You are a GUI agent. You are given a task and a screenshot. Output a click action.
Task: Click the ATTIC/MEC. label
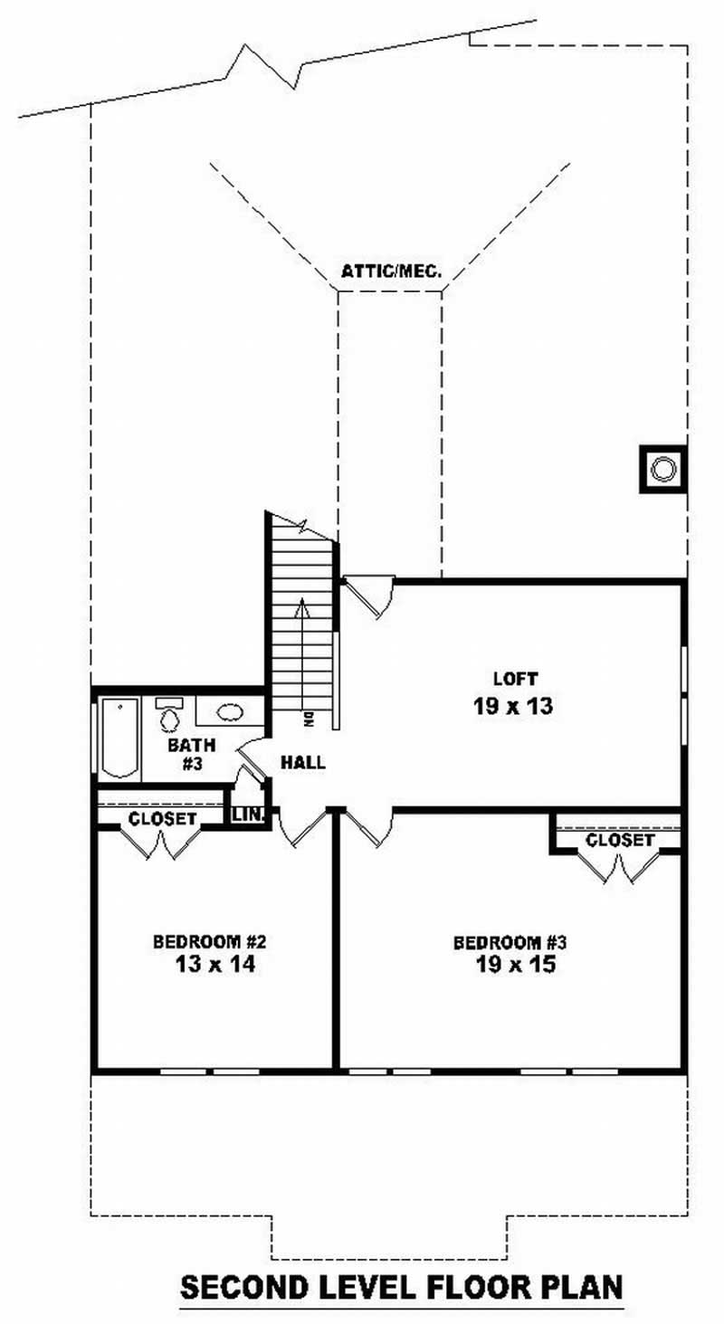(x=391, y=271)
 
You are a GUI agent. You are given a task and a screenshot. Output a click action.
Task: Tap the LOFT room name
(x=515, y=679)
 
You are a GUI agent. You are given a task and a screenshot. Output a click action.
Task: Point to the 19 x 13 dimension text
(x=513, y=706)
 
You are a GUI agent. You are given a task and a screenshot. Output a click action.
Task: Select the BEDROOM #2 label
(x=210, y=940)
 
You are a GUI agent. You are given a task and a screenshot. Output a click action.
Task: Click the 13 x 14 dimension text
(x=215, y=965)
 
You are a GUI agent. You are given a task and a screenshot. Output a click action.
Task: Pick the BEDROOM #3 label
(x=510, y=942)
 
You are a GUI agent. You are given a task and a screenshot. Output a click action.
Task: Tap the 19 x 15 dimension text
(x=516, y=966)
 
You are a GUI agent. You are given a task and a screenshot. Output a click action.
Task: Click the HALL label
(x=302, y=762)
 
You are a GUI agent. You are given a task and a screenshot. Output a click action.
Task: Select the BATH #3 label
(x=192, y=754)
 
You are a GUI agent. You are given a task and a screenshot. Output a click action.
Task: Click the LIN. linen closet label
(x=248, y=814)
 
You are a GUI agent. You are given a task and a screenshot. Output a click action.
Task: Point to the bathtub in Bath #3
(x=120, y=738)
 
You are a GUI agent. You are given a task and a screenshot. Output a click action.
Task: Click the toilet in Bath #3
(x=169, y=715)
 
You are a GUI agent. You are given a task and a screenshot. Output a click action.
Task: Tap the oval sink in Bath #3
(x=229, y=711)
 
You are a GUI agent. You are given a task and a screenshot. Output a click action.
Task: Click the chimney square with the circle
(x=663, y=470)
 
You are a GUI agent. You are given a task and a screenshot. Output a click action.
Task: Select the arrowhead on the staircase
(x=302, y=607)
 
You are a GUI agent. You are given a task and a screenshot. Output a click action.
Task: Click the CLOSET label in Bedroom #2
(x=162, y=819)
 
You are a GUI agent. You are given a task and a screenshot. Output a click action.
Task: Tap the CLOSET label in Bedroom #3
(x=620, y=840)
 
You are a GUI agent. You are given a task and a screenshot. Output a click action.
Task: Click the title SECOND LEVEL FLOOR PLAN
(x=402, y=1286)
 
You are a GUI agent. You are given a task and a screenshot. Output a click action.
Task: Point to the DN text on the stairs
(x=309, y=719)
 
